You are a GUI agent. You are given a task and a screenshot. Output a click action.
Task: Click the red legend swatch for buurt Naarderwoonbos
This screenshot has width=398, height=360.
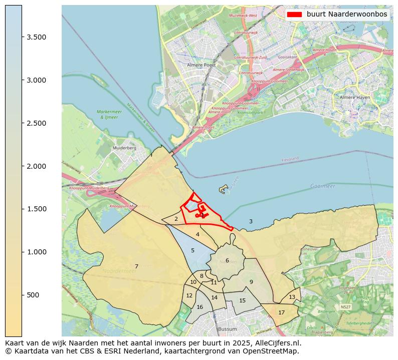click(x=294, y=15)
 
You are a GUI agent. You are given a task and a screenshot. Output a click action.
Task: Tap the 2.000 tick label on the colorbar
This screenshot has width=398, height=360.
click(x=37, y=166)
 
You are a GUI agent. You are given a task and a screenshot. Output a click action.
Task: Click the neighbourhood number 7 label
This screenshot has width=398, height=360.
click(x=136, y=266)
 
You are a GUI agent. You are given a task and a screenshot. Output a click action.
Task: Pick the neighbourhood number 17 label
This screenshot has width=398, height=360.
click(x=281, y=312)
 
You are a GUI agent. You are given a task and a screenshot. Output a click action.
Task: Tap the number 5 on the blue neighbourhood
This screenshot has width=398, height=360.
click(x=192, y=250)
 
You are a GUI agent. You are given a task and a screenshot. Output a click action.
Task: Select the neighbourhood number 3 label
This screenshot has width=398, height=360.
click(x=251, y=221)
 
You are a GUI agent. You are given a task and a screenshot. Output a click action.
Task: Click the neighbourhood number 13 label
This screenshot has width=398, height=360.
click(x=292, y=297)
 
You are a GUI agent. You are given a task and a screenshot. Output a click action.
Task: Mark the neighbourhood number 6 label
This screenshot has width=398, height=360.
click(x=227, y=260)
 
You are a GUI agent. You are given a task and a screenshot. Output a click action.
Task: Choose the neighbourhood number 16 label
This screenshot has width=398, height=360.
click(x=200, y=307)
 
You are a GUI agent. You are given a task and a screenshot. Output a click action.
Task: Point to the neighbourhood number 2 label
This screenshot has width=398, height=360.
click(x=176, y=219)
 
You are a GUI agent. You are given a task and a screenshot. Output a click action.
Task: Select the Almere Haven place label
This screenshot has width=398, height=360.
click(x=354, y=97)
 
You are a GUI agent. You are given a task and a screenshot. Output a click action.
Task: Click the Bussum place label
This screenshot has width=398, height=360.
click(x=227, y=329)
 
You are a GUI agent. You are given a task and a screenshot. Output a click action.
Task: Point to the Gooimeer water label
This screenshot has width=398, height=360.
click(x=322, y=185)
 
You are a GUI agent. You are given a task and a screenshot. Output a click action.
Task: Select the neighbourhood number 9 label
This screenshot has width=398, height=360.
click(x=251, y=282)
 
